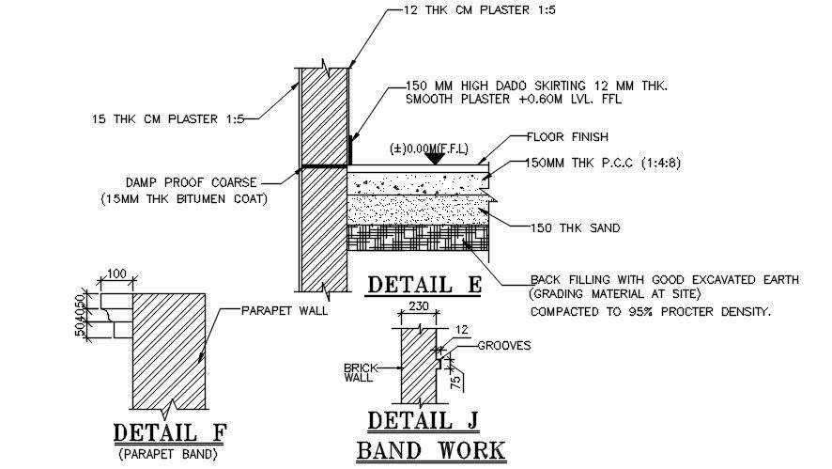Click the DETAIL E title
[423, 284]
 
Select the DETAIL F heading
[170, 433]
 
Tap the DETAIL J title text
[422, 420]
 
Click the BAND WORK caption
[431, 451]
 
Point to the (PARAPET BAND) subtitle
[170, 455]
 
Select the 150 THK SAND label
[561, 227]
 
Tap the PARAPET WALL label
[285, 310]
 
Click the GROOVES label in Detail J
[504, 345]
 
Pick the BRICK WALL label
[360, 372]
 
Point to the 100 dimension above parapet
[116, 273]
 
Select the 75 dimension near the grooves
[456, 381]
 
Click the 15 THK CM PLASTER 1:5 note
[168, 118]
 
